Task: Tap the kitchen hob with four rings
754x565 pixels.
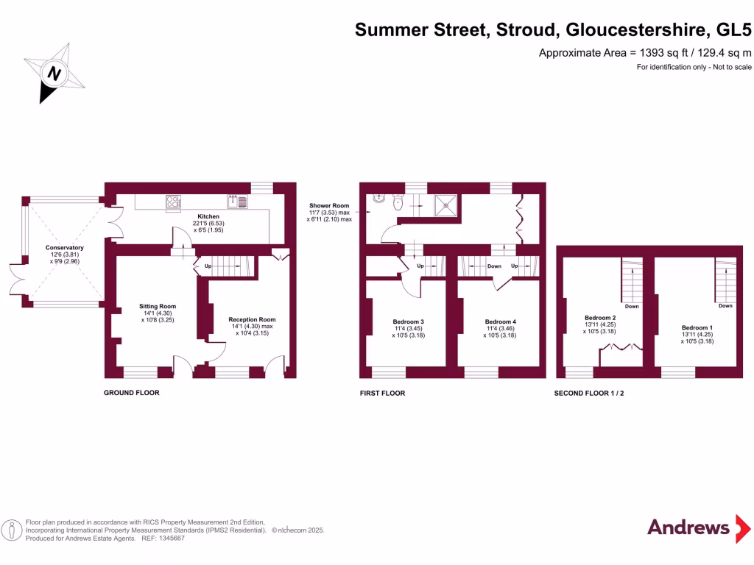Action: coord(174,202)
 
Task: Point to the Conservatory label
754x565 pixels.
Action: coord(65,248)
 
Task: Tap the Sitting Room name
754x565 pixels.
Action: coord(158,307)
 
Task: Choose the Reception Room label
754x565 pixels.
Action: coord(252,320)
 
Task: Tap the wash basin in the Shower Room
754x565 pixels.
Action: coord(378,198)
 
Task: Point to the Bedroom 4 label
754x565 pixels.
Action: coord(501,322)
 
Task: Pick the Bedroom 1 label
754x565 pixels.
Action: coord(697,327)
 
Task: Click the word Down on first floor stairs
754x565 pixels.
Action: coord(494,266)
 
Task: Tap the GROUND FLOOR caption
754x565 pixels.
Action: coord(131,393)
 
